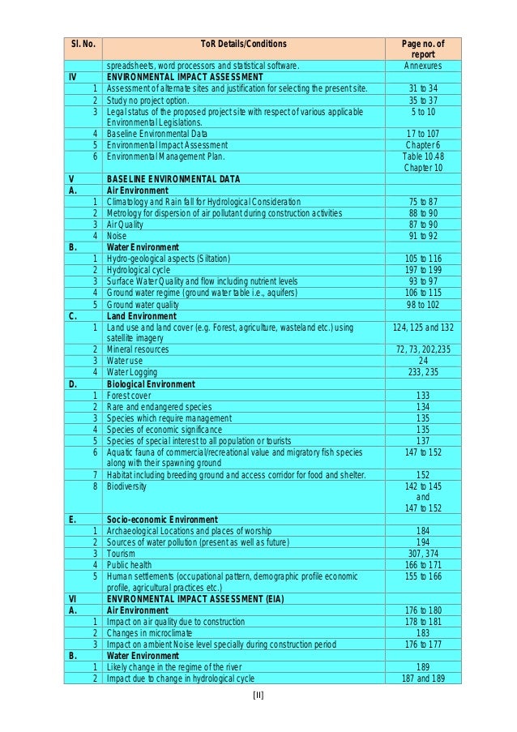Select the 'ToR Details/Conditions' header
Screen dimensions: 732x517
pyautogui.click(x=244, y=44)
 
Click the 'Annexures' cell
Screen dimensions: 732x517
pyautogui.click(x=423, y=66)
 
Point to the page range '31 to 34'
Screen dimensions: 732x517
pyautogui.click(x=423, y=88)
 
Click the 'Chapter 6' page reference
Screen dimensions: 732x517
pyautogui.click(x=423, y=144)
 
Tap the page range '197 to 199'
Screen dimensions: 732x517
pyautogui.click(x=423, y=269)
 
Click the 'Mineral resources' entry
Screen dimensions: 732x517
pyautogui.click(x=138, y=349)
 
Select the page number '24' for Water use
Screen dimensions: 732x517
pyautogui.click(x=423, y=361)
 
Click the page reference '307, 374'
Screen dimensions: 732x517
pyautogui.click(x=423, y=554)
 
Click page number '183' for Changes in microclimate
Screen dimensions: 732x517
pyautogui.click(x=423, y=632)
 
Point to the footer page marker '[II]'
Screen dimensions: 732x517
pyautogui.click(x=259, y=695)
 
